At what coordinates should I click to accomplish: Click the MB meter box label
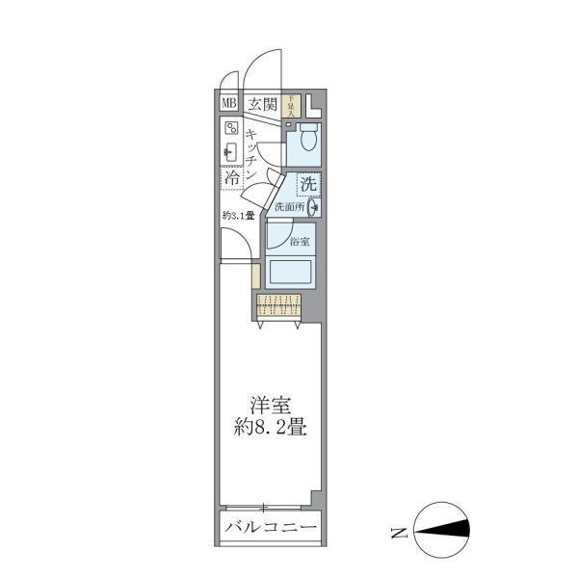pyautogui.click(x=229, y=104)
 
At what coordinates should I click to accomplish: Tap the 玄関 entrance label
pyautogui.click(x=260, y=104)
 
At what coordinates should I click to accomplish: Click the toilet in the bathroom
pyautogui.click(x=308, y=141)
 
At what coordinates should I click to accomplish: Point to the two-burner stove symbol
pyautogui.click(x=231, y=128)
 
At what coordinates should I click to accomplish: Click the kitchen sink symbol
pyautogui.click(x=231, y=151)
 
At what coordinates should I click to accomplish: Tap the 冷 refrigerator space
pyautogui.click(x=232, y=178)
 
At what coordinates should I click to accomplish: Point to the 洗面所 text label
pyautogui.click(x=289, y=206)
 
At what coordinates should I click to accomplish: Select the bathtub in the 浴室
pyautogui.click(x=290, y=271)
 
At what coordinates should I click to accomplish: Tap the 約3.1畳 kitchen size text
pyautogui.click(x=238, y=215)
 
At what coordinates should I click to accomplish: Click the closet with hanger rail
pyautogui.click(x=279, y=307)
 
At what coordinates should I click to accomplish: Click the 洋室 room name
pyautogui.click(x=268, y=406)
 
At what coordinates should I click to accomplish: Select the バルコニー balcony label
pyautogui.click(x=269, y=527)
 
